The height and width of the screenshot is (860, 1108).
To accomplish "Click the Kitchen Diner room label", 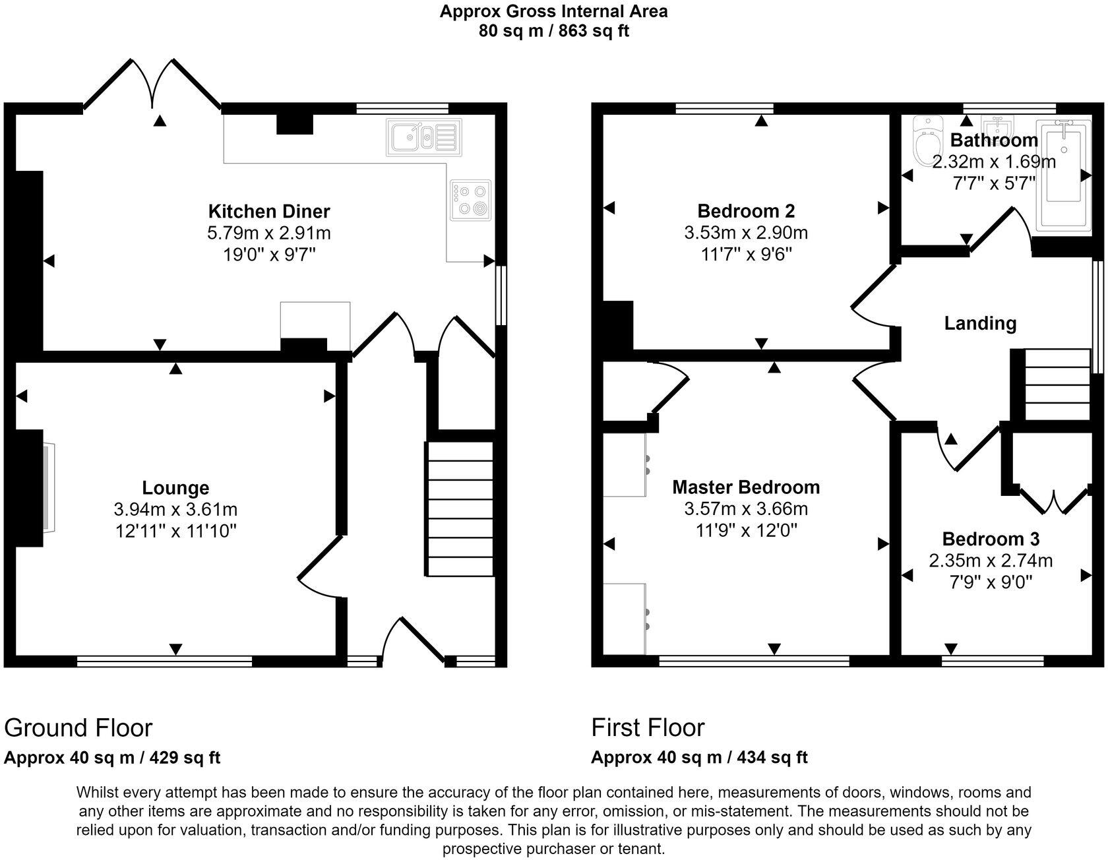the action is tap(269, 212).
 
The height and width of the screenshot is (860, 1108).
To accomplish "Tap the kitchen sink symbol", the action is tap(423, 138).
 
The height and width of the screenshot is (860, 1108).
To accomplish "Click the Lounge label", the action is tap(175, 488).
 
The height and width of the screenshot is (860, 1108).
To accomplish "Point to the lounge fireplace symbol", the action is tap(49, 488).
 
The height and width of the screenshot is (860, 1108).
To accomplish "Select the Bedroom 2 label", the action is tap(746, 211).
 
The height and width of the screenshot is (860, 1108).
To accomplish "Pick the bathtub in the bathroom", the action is tap(1062, 175).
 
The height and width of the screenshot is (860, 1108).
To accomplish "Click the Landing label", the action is tap(980, 323).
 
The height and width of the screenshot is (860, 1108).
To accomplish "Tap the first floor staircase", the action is tap(1057, 384).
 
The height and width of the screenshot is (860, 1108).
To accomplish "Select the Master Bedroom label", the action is tap(746, 487).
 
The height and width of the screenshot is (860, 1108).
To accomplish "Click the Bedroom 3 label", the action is tap(991, 539).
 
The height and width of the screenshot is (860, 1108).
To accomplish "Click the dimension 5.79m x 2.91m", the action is tap(269, 233).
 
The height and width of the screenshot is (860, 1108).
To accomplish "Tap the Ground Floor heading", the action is tap(78, 728).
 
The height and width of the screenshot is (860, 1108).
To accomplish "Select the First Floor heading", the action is tap(648, 727).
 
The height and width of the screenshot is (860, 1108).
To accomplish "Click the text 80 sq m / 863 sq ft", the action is tap(554, 32).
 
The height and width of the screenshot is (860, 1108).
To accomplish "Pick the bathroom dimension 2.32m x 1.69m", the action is tap(994, 162).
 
